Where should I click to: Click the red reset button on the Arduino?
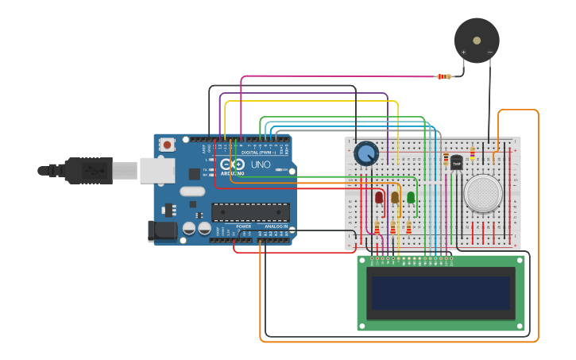pyautogui.click(x=167, y=145)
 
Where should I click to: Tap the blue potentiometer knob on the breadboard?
pyautogui.click(x=366, y=153)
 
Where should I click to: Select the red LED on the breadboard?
pyautogui.click(x=379, y=196)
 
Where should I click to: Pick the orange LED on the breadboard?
pyautogui.click(x=395, y=197)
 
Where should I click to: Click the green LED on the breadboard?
pyautogui.click(x=411, y=196)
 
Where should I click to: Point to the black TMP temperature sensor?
pyautogui.click(x=456, y=163)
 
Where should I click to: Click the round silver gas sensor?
pyautogui.click(x=483, y=193)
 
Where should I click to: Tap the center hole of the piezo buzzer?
pyautogui.click(x=477, y=40)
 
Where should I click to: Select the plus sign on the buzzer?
pyautogui.click(x=463, y=52)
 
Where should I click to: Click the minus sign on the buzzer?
pyautogui.click(x=490, y=52)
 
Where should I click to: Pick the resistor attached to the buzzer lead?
pyautogui.click(x=444, y=76)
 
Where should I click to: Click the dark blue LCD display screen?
pyautogui.click(x=440, y=292)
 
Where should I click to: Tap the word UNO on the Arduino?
pyautogui.click(x=261, y=165)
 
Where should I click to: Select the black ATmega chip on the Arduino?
pyautogui.click(x=250, y=212)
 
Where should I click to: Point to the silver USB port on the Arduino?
pyautogui.click(x=157, y=170)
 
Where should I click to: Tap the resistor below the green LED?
pyautogui.click(x=409, y=229)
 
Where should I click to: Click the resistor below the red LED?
pyautogui.click(x=377, y=229)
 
